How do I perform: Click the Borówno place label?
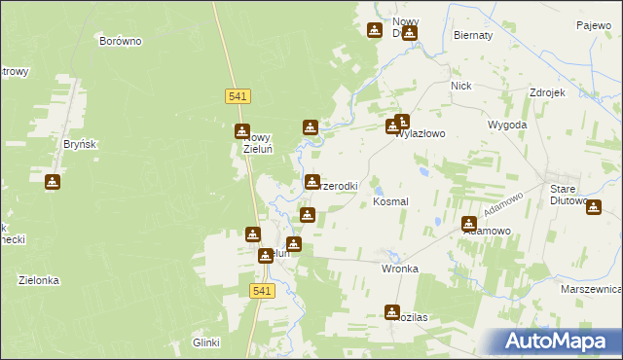click(x=122, y=42)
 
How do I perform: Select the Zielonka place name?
click(x=39, y=280)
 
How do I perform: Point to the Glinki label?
click(x=206, y=342)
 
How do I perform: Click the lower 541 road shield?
click(x=261, y=291)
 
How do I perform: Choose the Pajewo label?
click(x=592, y=25)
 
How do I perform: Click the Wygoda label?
click(x=507, y=126)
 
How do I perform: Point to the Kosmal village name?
click(x=390, y=200)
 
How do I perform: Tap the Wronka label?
click(x=400, y=269)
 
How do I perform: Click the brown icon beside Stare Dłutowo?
click(x=594, y=205)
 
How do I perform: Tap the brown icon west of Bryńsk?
click(x=53, y=181)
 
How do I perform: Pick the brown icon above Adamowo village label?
click(x=469, y=223)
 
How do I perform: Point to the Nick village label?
click(x=460, y=86)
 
